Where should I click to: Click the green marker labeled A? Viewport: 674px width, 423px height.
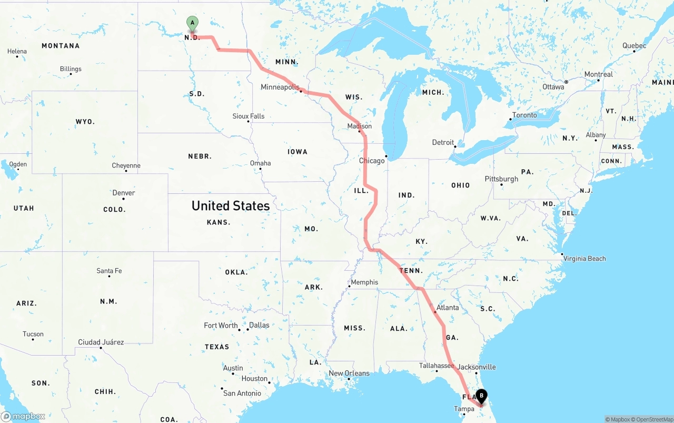[193, 23]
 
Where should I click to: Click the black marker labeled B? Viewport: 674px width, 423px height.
[481, 396]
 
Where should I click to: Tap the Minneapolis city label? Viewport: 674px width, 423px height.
[280, 87]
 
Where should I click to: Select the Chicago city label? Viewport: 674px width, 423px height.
[372, 161]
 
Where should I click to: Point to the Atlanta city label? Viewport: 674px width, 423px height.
[448, 308]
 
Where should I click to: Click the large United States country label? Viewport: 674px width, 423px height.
[231, 206]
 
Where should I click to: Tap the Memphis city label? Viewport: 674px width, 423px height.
[364, 282]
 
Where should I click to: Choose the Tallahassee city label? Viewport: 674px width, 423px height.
[436, 366]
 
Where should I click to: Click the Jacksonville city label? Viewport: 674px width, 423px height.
[477, 367]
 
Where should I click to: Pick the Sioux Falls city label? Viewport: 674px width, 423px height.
[249, 116]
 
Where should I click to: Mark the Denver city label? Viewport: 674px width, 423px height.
[124, 193]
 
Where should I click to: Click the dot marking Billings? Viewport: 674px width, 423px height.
[71, 74]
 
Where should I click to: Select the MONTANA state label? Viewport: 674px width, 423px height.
[61, 46]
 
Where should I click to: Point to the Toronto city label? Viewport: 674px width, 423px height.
[524, 115]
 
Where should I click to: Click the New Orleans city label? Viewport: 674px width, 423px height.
[349, 373]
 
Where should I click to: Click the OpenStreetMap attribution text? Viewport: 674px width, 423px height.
[651, 419]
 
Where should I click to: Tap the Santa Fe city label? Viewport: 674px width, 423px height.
[109, 271]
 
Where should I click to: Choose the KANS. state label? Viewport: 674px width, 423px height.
[219, 222]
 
